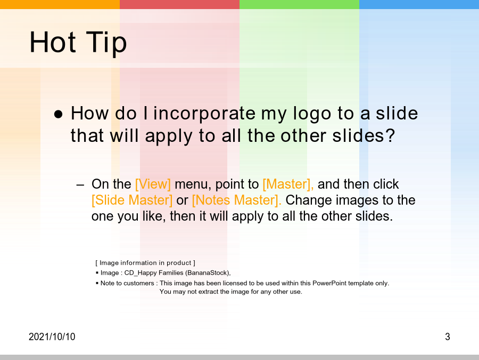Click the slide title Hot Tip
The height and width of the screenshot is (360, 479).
click(x=78, y=42)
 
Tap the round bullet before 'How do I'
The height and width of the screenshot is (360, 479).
click(x=58, y=115)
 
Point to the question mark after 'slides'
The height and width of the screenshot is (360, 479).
click(x=391, y=135)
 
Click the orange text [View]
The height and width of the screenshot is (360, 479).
click(x=153, y=185)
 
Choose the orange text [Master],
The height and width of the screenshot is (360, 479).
click(x=288, y=185)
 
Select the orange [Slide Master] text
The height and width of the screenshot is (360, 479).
click(x=132, y=200)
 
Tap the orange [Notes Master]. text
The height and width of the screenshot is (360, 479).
click(x=237, y=200)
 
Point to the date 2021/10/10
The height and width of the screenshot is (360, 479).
click(x=52, y=337)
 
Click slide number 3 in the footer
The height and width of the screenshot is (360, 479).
click(x=448, y=337)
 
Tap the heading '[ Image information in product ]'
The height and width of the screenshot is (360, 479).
click(x=145, y=262)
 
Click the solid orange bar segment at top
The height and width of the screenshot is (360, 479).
click(x=60, y=4)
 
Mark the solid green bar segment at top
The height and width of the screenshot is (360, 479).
click(x=299, y=4)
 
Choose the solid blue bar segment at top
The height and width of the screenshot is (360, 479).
click(x=419, y=4)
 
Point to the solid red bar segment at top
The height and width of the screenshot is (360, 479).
click(x=180, y=4)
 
